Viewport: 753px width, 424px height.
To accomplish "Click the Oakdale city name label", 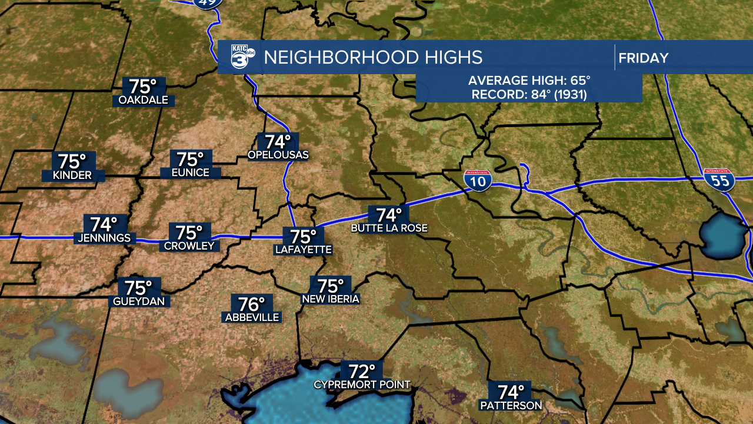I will tap(143, 100).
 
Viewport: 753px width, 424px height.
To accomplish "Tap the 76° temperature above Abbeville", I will tap(252, 304).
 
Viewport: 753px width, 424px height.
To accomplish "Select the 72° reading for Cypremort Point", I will tap(362, 372).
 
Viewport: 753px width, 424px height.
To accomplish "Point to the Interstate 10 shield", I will tap(478, 180).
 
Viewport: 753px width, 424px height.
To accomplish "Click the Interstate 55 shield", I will tap(719, 179).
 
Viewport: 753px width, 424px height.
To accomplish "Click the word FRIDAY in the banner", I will tap(644, 58).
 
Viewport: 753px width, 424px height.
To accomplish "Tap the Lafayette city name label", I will tap(304, 250).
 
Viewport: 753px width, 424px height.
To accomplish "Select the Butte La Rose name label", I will tap(389, 228).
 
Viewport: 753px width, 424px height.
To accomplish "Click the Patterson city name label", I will tap(511, 406).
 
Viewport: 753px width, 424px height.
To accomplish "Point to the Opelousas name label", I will tap(278, 155).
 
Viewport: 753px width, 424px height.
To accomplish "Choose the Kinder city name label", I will tap(72, 175).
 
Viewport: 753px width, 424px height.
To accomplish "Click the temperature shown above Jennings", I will tap(104, 224).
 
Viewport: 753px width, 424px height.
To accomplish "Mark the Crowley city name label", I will tap(189, 246).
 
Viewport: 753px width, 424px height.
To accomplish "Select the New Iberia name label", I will tap(330, 299).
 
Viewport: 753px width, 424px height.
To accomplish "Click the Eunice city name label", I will tap(190, 173).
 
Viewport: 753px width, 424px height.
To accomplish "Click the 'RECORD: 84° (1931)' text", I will tap(529, 94).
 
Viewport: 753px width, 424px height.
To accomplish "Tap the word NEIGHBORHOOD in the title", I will tap(339, 57).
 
